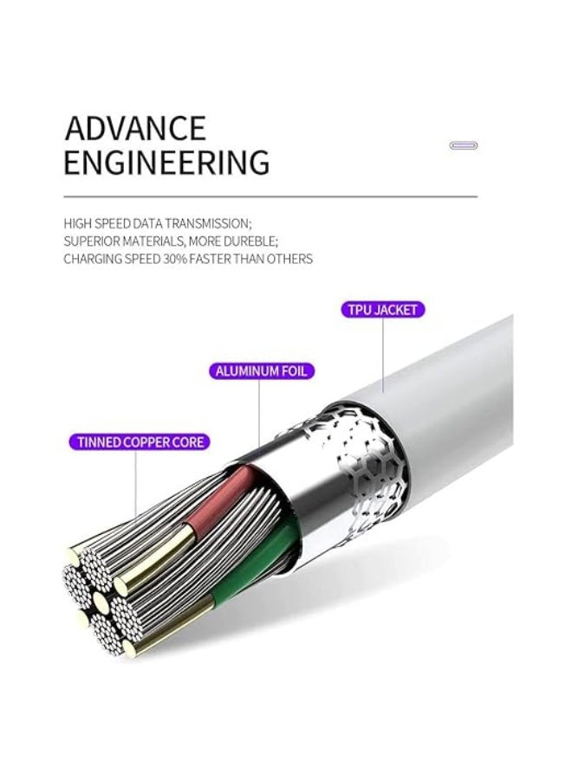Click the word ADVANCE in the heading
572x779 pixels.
tap(135, 128)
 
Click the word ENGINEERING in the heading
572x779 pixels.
tap(166, 162)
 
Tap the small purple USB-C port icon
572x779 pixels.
tap(463, 145)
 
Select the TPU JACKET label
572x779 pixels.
tap(382, 310)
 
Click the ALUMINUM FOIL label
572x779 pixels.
tap(262, 371)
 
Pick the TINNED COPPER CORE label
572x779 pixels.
tap(140, 441)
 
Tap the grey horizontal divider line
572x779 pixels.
tap(270, 196)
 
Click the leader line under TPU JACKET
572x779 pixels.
tap(382, 356)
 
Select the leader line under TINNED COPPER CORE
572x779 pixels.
tap(135, 484)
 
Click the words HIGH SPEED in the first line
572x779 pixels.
tap(93, 223)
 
